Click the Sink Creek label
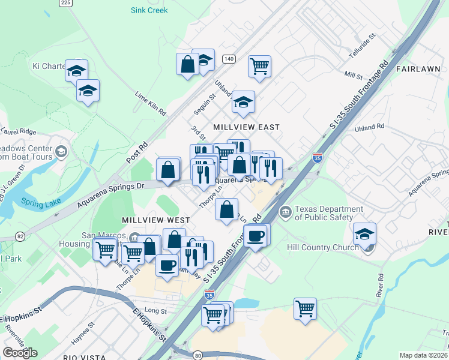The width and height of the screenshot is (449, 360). coord(149,10)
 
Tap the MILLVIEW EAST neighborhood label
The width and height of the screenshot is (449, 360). coord(247,127)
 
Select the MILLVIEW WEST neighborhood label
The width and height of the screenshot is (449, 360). coord(156,220)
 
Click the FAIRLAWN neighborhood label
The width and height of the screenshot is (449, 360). coord(418,69)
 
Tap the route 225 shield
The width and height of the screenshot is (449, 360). coord(66,3)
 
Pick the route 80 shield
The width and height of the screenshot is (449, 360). coord(197,354)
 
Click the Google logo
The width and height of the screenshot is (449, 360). coord(20,353)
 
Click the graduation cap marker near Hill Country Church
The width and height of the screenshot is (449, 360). coord(364,233)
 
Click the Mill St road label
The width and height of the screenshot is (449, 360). coord(354,76)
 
